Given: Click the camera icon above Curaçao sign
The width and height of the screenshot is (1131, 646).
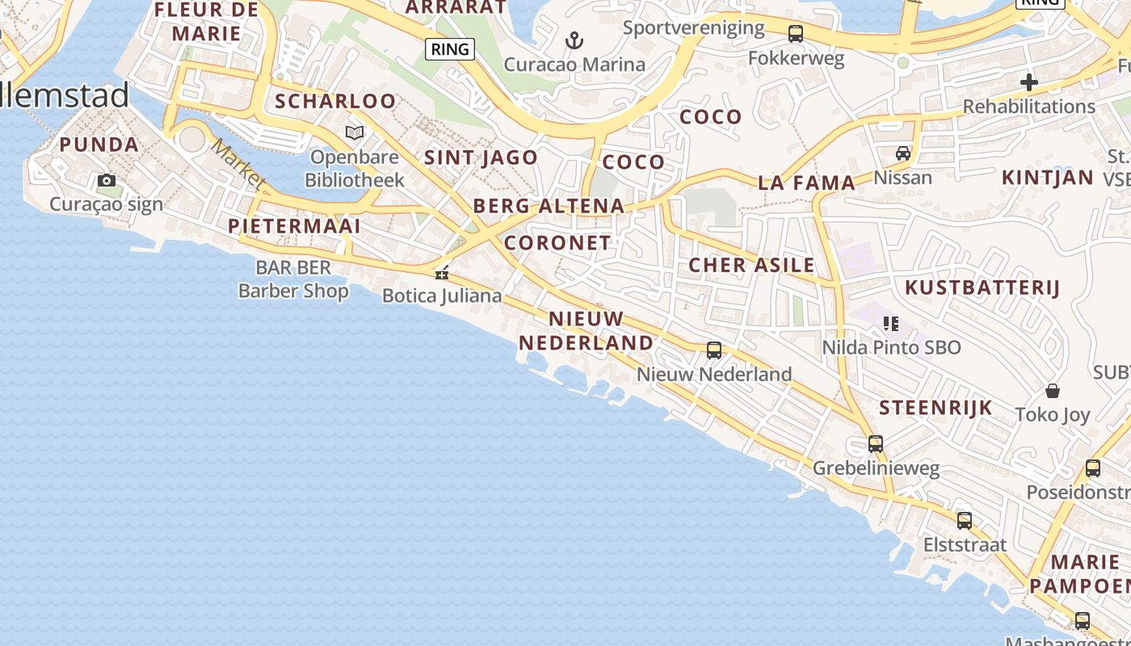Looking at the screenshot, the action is [x=107, y=180].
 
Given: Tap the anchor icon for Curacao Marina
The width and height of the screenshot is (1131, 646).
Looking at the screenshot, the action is [x=574, y=40].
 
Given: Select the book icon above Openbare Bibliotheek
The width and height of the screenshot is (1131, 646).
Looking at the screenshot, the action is [x=355, y=132].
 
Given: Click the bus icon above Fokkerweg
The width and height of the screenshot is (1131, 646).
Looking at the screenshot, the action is [x=796, y=34].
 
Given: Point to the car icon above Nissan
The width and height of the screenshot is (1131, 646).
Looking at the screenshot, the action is [x=903, y=153].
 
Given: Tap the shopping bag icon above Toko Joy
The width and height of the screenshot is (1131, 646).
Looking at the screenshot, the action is [x=1053, y=391].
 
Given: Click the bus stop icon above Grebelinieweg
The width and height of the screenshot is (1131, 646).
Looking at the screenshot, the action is [x=876, y=444].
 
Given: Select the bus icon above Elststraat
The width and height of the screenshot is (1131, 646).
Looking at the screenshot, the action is [x=965, y=521].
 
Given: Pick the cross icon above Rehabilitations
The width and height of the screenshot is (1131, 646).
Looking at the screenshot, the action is [x=1028, y=82].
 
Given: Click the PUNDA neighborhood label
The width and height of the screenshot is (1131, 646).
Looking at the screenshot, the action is [x=99, y=145].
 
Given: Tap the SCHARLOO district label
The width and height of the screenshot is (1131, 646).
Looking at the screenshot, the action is [x=335, y=102].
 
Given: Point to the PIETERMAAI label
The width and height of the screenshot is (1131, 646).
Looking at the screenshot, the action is [x=294, y=226].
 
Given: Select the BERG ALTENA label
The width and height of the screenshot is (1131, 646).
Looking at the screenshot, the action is [x=549, y=206].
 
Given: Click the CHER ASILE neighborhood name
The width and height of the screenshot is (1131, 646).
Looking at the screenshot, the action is [x=751, y=265].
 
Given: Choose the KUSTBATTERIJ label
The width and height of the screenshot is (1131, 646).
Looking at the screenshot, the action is [x=982, y=287].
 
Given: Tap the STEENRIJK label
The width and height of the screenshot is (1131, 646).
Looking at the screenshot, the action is [x=935, y=408].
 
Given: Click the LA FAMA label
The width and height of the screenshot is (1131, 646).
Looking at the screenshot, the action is [x=806, y=183].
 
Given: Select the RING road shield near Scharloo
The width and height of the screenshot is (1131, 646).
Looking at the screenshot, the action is [x=450, y=49].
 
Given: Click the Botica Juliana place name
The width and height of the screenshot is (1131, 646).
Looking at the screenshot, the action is [x=442, y=296].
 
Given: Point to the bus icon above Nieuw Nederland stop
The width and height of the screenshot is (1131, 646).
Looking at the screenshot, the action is [x=714, y=350].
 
